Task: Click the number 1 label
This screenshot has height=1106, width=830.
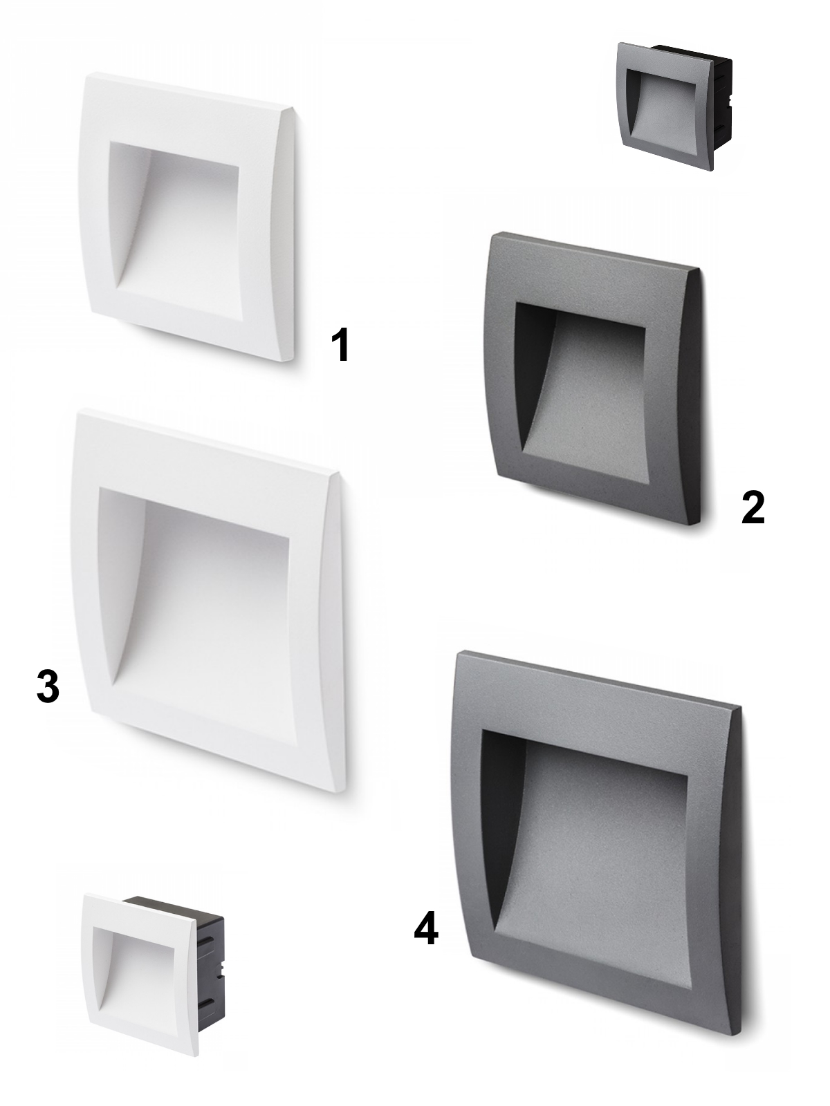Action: click(340, 345)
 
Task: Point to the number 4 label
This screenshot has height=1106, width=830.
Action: click(426, 928)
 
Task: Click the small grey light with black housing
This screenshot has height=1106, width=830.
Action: click(675, 107)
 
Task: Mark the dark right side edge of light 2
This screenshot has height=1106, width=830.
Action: click(694, 398)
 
